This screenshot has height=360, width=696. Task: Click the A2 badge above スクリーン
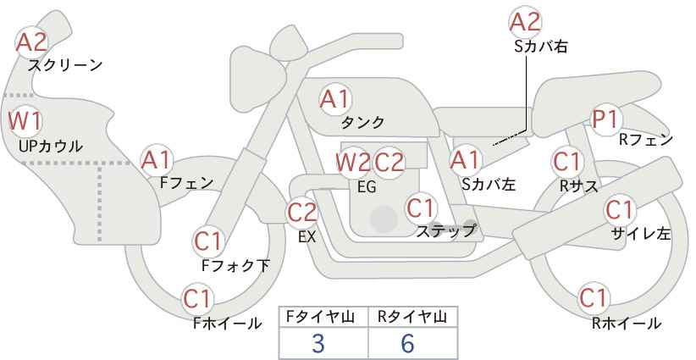33,42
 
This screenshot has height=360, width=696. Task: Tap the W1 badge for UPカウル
25,120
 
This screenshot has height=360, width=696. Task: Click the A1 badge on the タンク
334,99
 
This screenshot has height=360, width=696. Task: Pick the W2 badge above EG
353,162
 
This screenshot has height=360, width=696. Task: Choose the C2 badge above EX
303,213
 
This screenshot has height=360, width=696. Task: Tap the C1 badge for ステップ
422,207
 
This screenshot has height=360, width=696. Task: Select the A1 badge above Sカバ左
465,159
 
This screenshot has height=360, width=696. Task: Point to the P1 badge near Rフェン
605,119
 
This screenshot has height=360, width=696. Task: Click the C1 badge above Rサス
566,160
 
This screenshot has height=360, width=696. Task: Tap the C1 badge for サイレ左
619,208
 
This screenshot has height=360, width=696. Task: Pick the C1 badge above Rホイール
594,298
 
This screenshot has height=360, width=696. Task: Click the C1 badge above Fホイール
198,298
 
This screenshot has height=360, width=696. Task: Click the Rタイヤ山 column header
412,317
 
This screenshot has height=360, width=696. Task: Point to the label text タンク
362,122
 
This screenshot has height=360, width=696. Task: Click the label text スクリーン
64,64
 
